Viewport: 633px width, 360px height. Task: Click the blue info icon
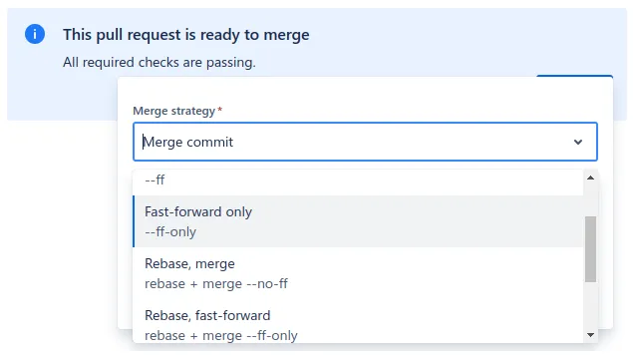coord(35,34)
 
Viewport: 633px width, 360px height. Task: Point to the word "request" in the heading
coord(152,35)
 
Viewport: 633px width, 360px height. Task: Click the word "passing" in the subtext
coord(229,62)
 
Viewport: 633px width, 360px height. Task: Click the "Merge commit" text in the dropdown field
coord(188,142)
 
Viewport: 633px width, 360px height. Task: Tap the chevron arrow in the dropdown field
coord(578,143)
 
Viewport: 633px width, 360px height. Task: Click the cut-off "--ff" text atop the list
coord(155,180)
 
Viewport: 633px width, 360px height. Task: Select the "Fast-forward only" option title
coord(198,211)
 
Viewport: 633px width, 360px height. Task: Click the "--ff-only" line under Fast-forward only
coord(170,232)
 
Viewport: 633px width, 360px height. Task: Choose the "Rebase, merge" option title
coord(189,263)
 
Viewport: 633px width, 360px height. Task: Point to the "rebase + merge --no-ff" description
coord(216,283)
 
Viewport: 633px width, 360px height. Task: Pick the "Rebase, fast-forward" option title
coord(207,315)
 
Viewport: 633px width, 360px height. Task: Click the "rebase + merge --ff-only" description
coord(221,335)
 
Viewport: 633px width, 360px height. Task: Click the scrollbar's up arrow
coord(590,178)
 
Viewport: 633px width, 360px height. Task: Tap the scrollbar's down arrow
coord(590,333)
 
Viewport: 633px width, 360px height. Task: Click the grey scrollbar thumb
coord(590,248)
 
